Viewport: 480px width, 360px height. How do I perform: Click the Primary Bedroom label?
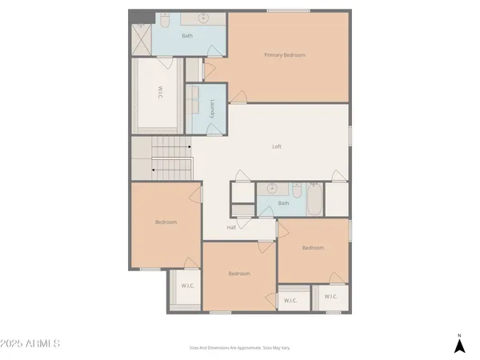285,55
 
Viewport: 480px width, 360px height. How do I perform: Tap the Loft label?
277,146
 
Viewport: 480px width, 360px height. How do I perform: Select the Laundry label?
212,110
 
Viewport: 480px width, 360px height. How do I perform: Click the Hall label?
231,227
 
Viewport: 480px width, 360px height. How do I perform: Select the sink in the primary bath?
202,17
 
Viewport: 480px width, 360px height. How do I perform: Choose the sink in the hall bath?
271,190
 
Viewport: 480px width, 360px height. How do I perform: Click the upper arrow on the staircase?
190,147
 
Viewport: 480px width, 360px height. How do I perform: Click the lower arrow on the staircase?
152,170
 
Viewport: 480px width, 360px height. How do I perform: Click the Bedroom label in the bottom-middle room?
239,274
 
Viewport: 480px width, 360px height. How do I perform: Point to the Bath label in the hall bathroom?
283,203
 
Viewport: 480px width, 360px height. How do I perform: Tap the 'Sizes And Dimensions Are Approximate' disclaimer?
239,347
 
